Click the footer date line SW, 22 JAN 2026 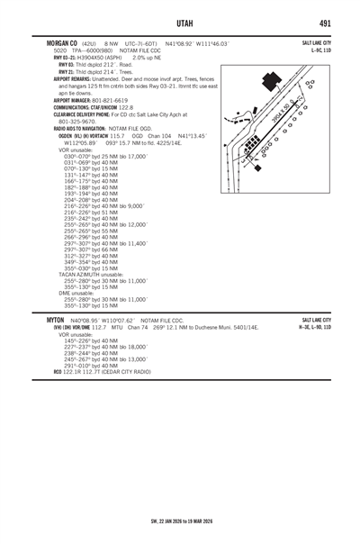[180, 521]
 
